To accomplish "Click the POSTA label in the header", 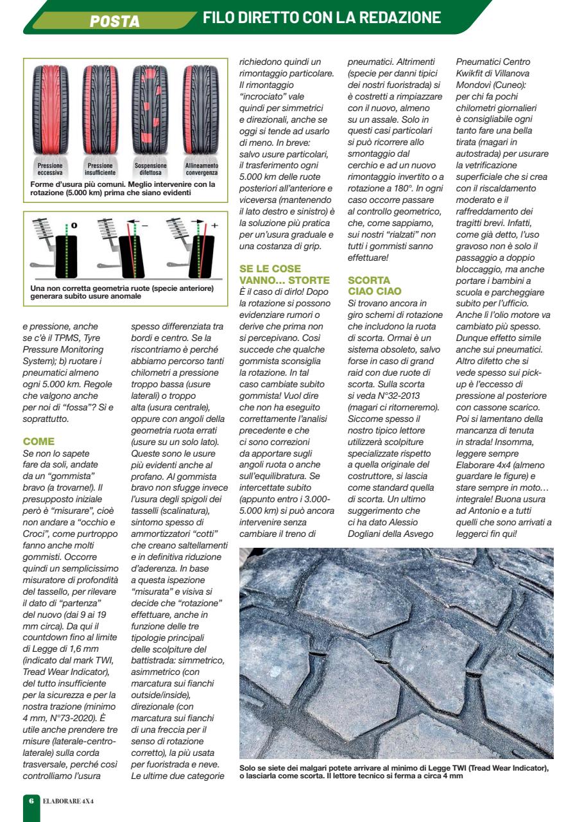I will [x=115, y=21].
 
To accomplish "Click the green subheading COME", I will [x=39, y=442].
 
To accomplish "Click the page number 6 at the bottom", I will [x=31, y=801].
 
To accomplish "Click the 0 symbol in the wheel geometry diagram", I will [x=74, y=225].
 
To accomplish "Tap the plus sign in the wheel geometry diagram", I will [x=214, y=225].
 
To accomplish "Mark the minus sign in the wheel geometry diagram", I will [x=144, y=225].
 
